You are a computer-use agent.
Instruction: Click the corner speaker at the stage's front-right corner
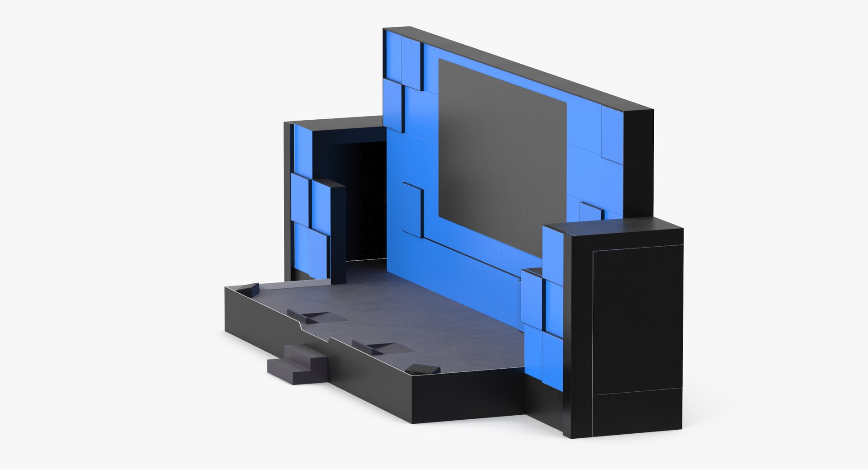(x=423, y=370)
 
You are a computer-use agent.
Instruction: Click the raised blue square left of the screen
(x=411, y=210)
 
